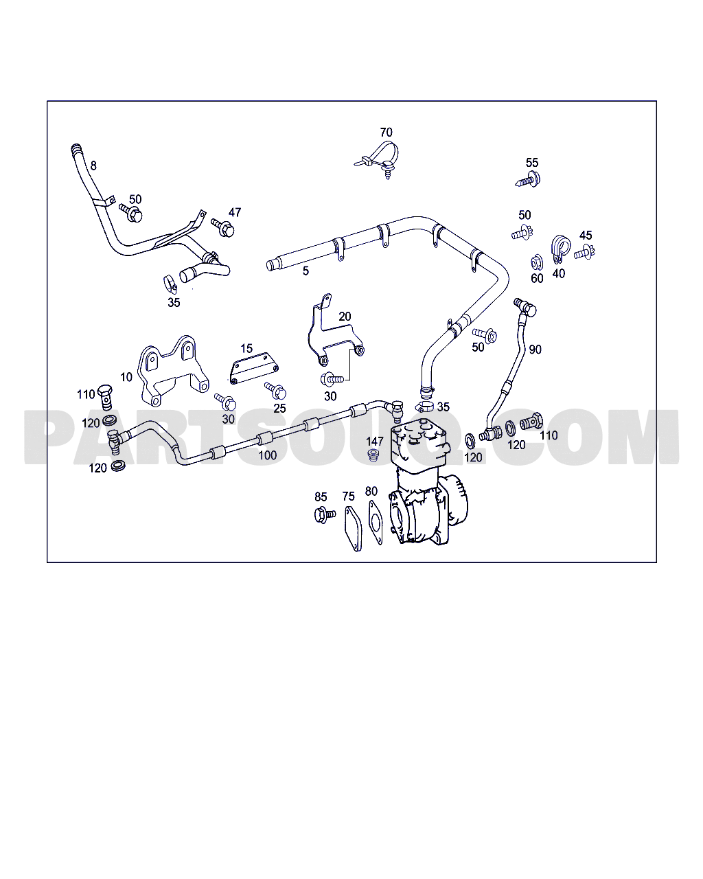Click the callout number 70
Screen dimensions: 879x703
point(386,133)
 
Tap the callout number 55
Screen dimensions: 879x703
point(532,163)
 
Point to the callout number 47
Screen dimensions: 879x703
point(235,212)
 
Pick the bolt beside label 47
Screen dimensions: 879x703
point(223,227)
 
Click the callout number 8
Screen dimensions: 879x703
point(93,165)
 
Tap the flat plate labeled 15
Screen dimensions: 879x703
point(253,368)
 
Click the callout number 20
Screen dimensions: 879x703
point(345,317)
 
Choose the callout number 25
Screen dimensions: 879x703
point(279,409)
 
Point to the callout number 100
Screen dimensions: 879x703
point(267,455)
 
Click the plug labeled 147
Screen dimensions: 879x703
point(374,457)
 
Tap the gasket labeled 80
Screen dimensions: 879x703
point(376,523)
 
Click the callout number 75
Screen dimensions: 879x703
point(348,497)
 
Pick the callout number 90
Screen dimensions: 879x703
point(535,349)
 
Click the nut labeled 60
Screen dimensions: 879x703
point(537,262)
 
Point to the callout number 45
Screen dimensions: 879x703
point(586,236)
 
